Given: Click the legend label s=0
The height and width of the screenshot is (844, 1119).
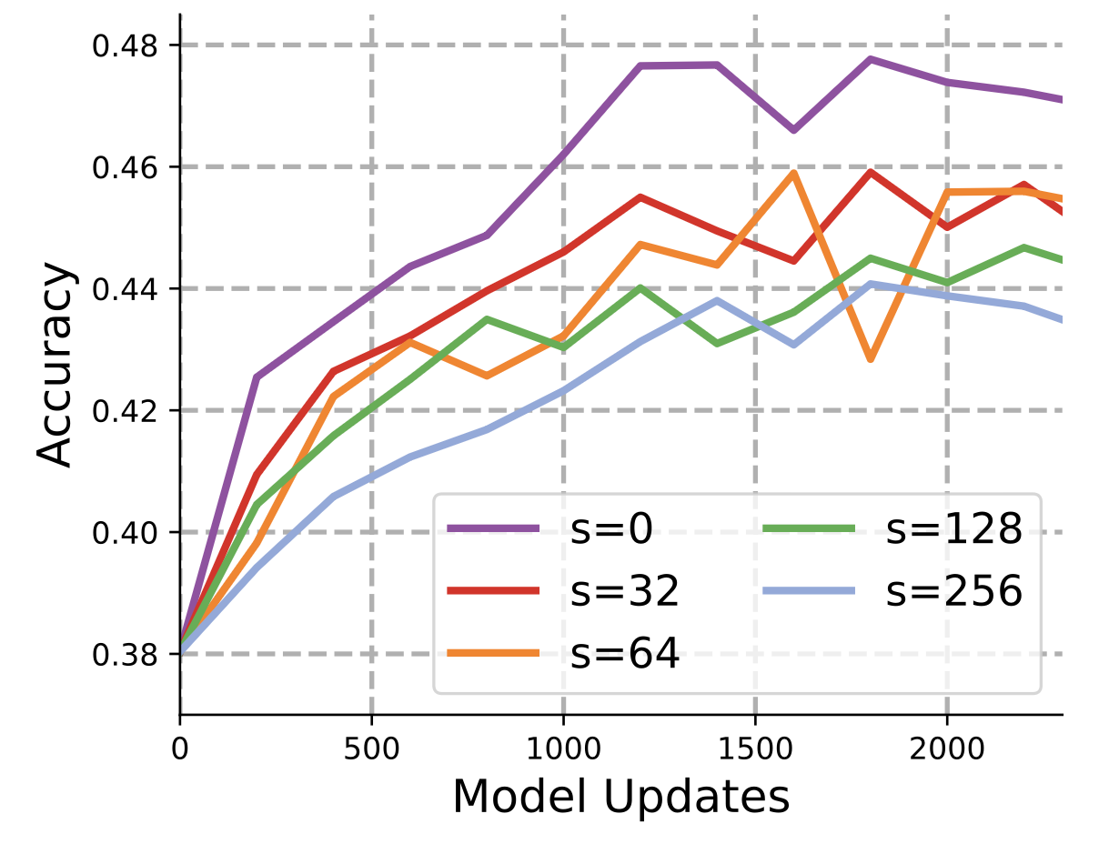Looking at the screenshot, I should (x=611, y=531).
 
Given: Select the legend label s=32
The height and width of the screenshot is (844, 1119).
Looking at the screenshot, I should (x=625, y=593).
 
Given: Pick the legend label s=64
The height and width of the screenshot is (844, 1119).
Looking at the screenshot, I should (x=625, y=655).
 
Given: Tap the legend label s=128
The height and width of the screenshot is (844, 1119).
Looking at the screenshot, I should (x=954, y=531).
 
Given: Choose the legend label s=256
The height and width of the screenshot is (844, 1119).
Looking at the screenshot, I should (x=954, y=593).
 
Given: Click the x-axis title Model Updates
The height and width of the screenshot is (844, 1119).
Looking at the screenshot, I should (x=621, y=797).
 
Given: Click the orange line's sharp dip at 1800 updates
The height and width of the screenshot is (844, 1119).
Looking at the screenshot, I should (x=871, y=359).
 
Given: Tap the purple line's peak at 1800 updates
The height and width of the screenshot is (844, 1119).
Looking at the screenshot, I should (x=871, y=59).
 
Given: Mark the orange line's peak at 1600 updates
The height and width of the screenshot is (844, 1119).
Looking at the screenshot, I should (x=794, y=173).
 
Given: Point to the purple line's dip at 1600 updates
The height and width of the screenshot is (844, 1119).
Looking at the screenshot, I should (x=794, y=131).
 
